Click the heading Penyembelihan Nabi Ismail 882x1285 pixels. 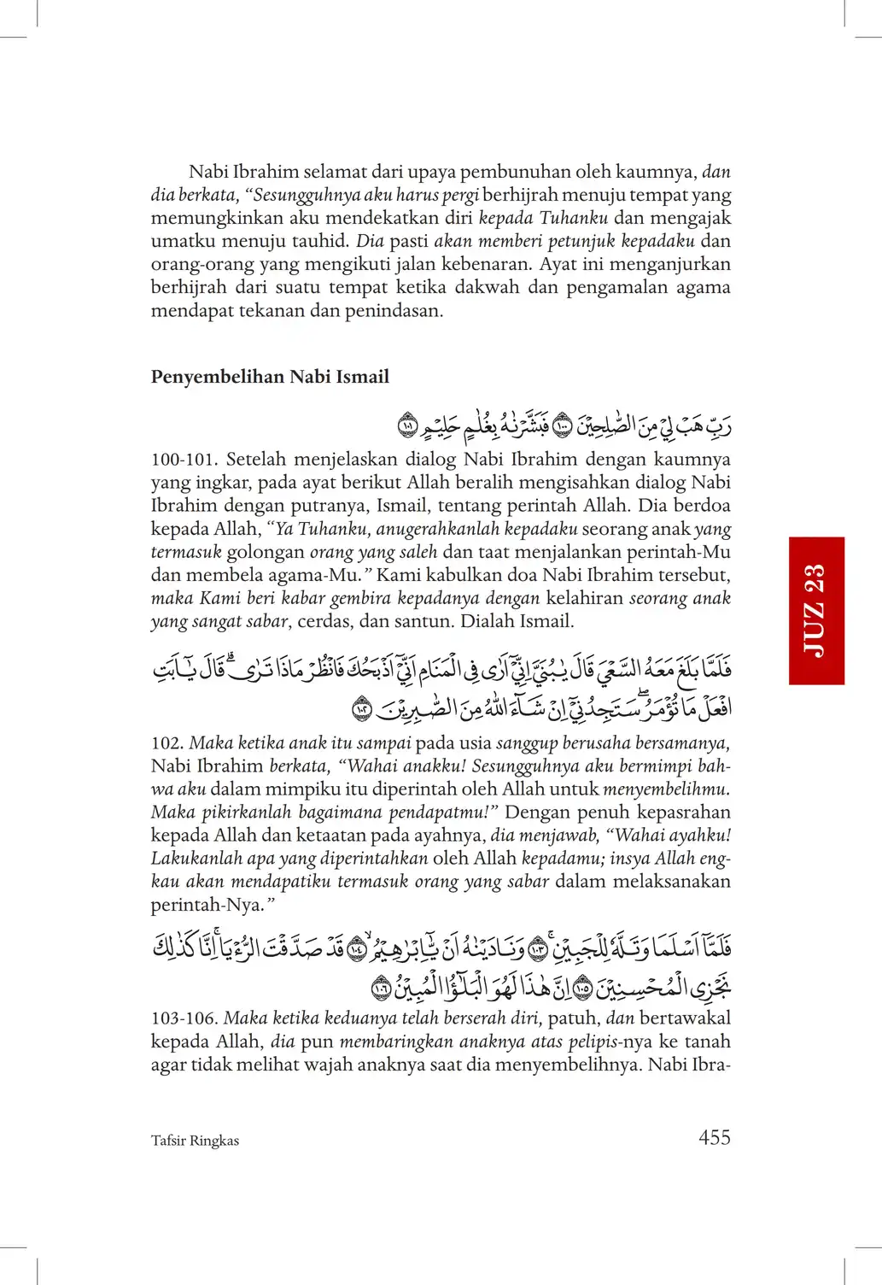270,377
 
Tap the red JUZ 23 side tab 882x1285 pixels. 816,610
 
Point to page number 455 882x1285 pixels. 714,1137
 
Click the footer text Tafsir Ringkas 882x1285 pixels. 195,1141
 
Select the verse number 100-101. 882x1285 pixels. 183,460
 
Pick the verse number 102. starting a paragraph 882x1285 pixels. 167,743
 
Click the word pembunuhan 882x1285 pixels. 517,172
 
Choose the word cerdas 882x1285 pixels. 324,621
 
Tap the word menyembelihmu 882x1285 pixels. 666,789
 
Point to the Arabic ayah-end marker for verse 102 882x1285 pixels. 363,709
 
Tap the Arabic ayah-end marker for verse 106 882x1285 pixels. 381,989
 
